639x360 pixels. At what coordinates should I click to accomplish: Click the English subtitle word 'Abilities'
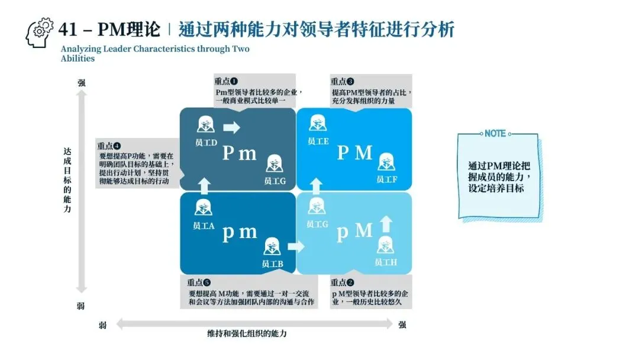coord(78,59)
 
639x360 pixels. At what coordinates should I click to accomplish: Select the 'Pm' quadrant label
coord(240,153)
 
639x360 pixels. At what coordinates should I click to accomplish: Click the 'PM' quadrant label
coord(355,153)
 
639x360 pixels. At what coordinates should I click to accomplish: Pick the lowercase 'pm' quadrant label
coord(240,232)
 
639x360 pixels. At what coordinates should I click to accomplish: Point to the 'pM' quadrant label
coord(355,232)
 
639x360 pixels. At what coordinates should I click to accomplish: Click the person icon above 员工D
coord(206,125)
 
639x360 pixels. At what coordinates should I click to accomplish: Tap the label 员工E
coord(318,141)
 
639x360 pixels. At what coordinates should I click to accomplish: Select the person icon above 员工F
coord(386,161)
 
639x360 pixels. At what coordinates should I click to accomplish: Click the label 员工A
coord(204,226)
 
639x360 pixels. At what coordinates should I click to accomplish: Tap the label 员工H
coord(386,262)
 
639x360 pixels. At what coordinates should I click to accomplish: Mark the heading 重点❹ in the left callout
coord(109,146)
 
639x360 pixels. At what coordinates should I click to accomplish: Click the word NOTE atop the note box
coord(495,134)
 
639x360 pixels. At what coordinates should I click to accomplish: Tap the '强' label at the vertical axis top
coord(81,83)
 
